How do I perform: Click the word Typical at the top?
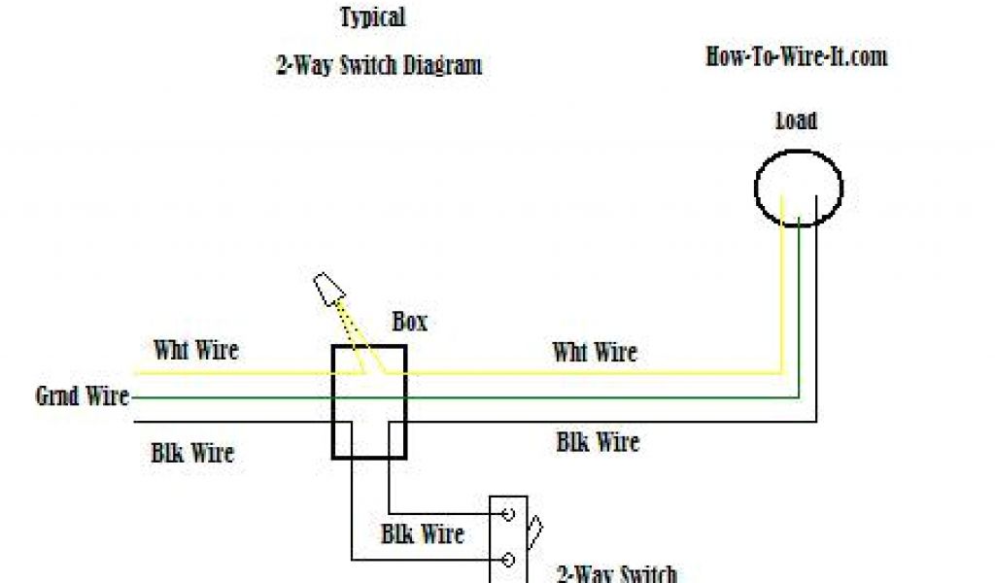[373, 17]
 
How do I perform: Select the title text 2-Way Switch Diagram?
[379, 66]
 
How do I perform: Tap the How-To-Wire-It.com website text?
[797, 56]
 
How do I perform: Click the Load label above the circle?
[796, 121]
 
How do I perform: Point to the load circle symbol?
[799, 188]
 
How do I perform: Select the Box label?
[409, 322]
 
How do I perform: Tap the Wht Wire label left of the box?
[196, 349]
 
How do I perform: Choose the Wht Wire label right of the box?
[595, 351]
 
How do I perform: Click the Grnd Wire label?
[82, 396]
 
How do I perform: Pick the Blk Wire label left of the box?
[192, 453]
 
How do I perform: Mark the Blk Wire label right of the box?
[598, 443]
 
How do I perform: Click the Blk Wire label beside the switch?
[423, 533]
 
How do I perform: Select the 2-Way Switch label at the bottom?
[617, 573]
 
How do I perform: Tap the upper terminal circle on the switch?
[507, 513]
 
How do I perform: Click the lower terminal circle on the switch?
[507, 560]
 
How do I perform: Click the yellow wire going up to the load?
[782, 291]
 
